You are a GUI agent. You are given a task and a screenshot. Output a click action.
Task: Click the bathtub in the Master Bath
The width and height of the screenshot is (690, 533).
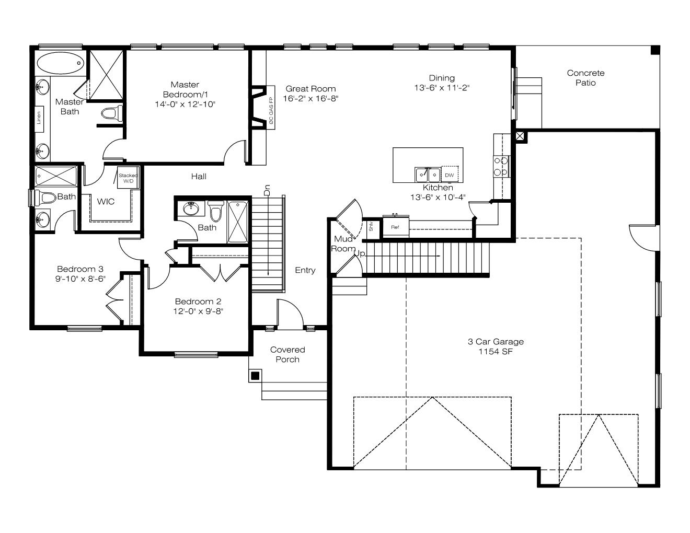click(60, 63)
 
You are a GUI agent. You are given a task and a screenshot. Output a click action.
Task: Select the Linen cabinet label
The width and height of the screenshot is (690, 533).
click(39, 118)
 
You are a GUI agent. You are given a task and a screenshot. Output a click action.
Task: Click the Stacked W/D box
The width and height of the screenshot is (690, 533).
click(128, 178)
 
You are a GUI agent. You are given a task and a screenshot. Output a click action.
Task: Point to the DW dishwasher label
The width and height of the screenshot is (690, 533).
click(449, 175)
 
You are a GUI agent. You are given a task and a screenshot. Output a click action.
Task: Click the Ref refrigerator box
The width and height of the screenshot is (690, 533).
click(395, 227)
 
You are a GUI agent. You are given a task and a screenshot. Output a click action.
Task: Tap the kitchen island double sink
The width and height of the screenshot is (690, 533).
click(428, 175)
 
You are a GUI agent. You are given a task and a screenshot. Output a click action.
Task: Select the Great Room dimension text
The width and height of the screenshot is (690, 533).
click(310, 98)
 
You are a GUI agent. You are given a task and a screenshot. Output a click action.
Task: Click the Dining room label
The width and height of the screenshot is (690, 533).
click(442, 78)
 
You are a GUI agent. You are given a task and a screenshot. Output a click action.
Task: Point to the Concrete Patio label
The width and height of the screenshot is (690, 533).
click(585, 78)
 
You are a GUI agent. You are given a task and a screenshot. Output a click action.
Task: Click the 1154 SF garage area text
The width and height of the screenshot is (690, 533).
click(496, 352)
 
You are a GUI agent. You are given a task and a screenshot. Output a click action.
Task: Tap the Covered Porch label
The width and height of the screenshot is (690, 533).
click(287, 354)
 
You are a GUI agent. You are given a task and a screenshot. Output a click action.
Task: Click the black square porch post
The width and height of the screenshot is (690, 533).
click(255, 376)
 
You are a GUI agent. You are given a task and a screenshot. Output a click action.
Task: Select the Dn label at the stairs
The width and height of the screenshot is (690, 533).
click(267, 190)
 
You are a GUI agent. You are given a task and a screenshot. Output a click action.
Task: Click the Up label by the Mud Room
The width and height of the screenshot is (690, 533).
click(360, 253)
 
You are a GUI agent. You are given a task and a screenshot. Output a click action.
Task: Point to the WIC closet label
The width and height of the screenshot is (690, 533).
click(106, 202)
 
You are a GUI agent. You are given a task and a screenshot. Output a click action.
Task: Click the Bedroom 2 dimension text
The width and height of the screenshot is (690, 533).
click(198, 311)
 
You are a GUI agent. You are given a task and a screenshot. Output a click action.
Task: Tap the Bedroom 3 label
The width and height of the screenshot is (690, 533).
click(80, 269)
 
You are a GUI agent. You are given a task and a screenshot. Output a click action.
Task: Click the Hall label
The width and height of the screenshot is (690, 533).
click(199, 176)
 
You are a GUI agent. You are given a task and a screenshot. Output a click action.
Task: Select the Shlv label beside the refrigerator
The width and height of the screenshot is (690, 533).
click(371, 226)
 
